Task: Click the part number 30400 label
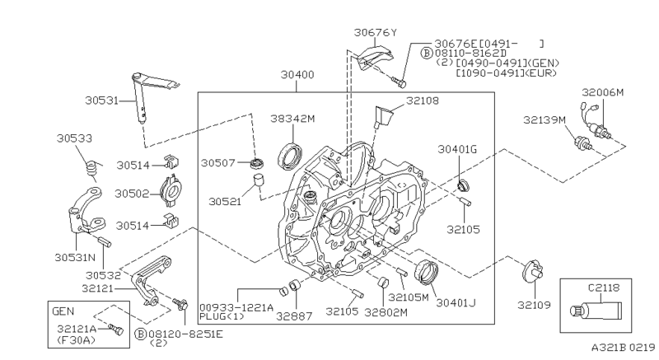297,75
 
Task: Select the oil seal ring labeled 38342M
290,157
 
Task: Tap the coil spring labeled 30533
92,169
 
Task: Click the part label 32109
534,305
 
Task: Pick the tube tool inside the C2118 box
596,311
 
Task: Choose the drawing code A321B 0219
624,348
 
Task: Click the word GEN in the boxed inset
63,311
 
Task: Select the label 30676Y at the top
376,32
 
